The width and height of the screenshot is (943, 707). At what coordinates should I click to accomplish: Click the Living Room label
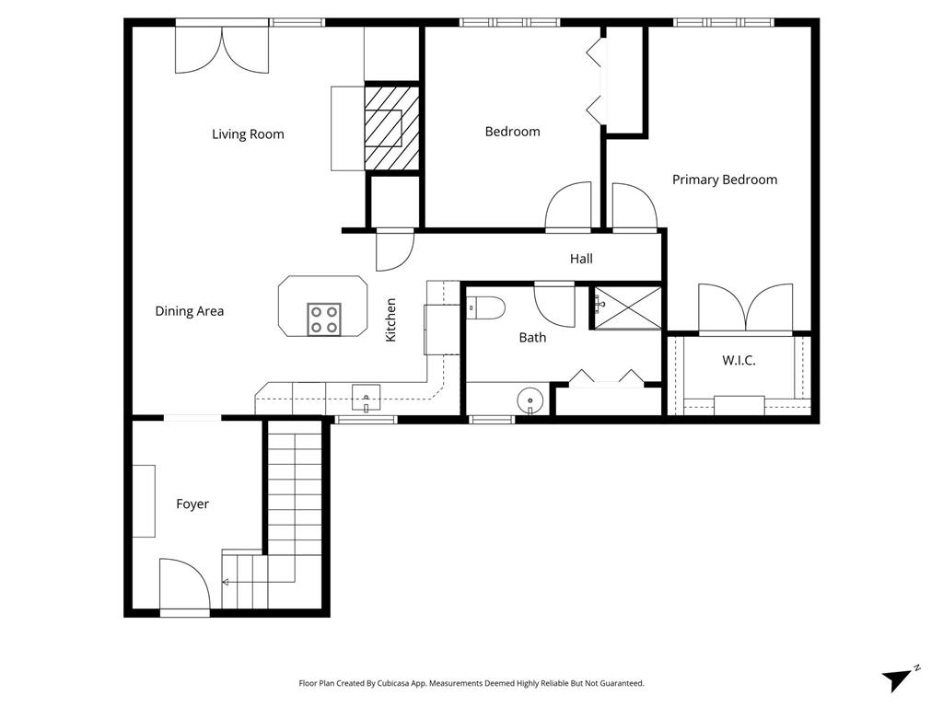[x=248, y=134]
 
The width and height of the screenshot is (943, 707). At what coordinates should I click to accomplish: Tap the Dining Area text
[x=190, y=311]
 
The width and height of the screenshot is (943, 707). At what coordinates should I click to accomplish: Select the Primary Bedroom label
[x=725, y=180]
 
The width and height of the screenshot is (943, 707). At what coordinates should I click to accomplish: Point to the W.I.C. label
[x=739, y=360]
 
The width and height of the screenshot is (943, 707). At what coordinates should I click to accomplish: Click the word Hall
[x=581, y=259]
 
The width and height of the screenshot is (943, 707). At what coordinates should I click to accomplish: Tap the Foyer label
[x=192, y=504]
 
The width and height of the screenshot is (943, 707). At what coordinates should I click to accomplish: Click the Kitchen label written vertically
[x=390, y=319]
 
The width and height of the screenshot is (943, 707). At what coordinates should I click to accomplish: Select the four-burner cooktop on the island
[x=324, y=319]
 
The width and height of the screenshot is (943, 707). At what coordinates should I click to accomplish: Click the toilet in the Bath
[x=486, y=307]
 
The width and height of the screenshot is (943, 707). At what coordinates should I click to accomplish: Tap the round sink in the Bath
[x=530, y=400]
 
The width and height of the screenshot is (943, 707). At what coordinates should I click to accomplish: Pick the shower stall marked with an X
[x=628, y=307]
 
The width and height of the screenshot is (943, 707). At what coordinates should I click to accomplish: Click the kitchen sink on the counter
[x=366, y=398]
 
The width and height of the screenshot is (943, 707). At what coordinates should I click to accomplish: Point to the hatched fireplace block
[x=391, y=128]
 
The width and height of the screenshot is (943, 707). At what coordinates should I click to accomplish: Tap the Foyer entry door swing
[x=184, y=584]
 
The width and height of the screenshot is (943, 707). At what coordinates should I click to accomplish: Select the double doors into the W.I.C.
[x=746, y=307]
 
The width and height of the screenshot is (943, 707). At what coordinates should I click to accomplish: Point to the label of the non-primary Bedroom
[x=512, y=132]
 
